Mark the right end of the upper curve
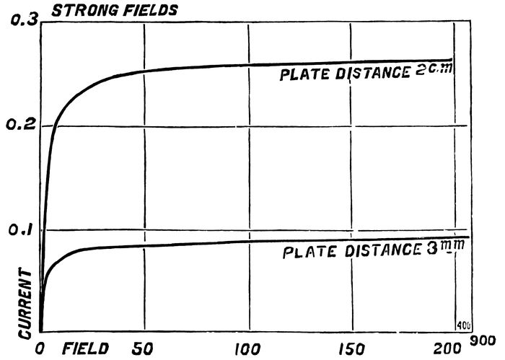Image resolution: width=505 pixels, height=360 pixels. (452, 60)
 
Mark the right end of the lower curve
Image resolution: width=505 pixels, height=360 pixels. (469, 237)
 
